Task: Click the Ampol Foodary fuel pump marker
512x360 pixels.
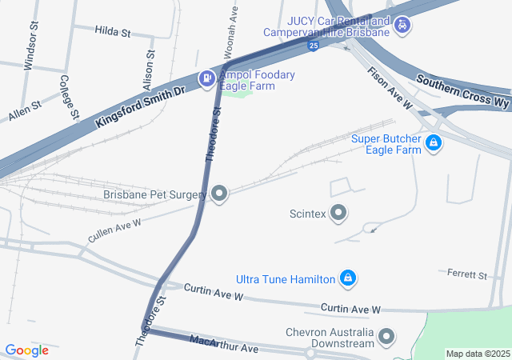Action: (x=207, y=78)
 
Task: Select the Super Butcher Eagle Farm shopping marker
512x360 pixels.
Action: (x=433, y=143)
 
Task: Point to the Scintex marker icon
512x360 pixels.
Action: (x=338, y=213)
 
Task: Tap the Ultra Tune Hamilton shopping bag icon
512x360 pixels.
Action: (x=348, y=278)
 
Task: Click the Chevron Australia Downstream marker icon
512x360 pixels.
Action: (x=386, y=337)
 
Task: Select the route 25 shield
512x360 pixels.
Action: (x=314, y=46)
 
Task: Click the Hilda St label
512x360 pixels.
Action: (x=112, y=32)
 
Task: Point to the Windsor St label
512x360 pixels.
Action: (x=32, y=52)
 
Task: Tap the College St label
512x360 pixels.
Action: (x=68, y=97)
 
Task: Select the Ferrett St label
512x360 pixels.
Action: (x=467, y=275)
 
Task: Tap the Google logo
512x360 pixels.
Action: (x=26, y=350)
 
